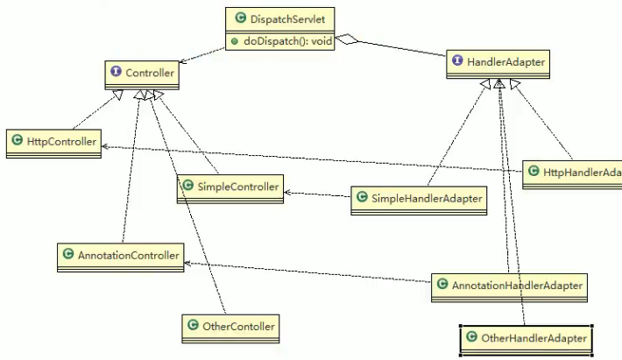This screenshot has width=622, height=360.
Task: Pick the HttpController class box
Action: (x=52, y=142)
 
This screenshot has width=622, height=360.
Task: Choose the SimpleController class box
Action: (x=230, y=187)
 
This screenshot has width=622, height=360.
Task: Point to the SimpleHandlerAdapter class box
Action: (x=418, y=199)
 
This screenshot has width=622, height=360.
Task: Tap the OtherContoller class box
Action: (x=231, y=327)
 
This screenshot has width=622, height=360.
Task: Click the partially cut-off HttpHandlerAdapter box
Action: (x=572, y=173)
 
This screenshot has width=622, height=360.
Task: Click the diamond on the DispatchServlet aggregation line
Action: (x=349, y=39)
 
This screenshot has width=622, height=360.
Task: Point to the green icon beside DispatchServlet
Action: (x=240, y=18)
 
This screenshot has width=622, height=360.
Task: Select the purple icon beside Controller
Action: (x=117, y=74)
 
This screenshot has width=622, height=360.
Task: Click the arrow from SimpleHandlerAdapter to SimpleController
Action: (x=315, y=194)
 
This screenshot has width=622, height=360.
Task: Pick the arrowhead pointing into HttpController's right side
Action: (x=106, y=145)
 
